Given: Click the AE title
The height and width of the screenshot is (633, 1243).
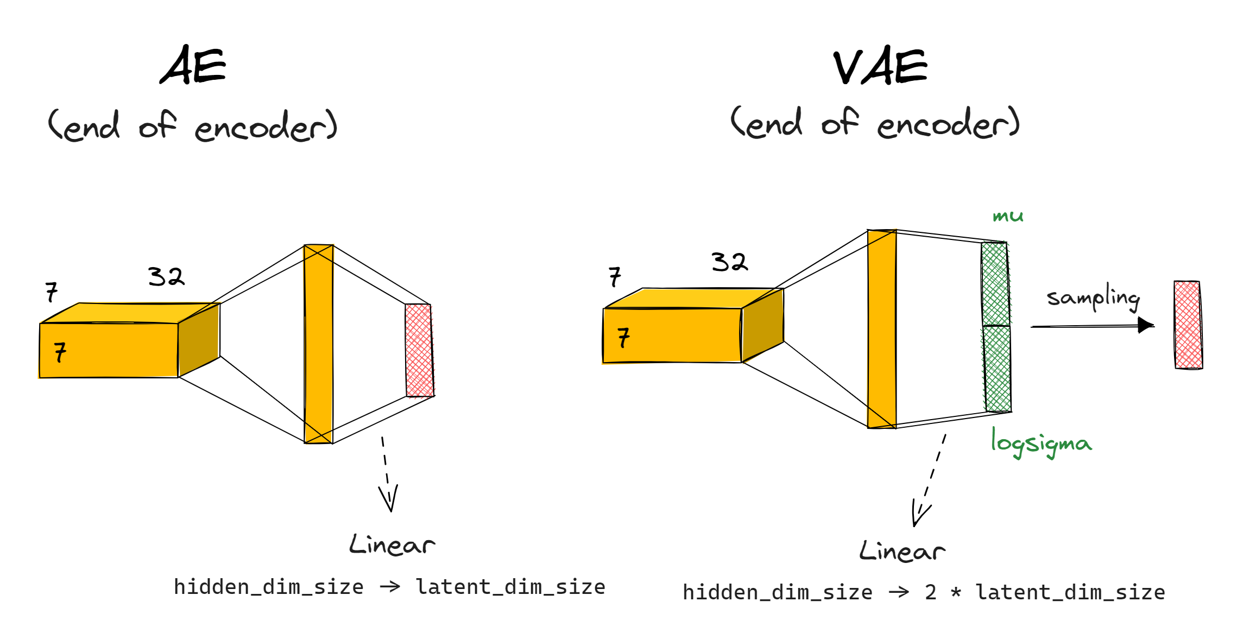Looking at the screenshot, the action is click(x=193, y=66).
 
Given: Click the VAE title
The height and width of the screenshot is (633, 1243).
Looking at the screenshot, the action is click(x=880, y=67).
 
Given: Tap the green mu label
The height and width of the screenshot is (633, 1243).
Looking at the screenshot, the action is click(x=1008, y=216).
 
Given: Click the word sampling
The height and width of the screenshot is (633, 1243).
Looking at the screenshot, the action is click(x=1093, y=298).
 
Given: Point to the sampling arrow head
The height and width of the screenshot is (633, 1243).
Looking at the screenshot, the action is click(x=1146, y=325).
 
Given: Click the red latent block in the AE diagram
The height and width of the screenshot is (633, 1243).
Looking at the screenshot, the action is click(x=419, y=350).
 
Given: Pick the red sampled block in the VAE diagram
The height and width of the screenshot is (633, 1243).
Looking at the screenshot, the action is click(x=1188, y=325).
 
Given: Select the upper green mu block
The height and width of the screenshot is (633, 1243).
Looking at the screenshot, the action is click(x=995, y=284).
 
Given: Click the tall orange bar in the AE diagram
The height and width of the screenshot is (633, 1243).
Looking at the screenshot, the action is click(x=319, y=344).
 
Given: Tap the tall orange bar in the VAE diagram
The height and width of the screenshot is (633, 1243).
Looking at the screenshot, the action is click(x=882, y=329).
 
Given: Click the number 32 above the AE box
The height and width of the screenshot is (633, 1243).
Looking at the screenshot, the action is click(x=166, y=277).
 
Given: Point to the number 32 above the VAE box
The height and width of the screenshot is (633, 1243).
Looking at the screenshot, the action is click(x=729, y=262).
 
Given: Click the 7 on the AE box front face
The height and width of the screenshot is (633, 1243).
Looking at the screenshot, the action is click(x=60, y=352).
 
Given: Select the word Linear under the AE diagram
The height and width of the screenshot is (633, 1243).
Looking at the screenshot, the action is click(x=392, y=545).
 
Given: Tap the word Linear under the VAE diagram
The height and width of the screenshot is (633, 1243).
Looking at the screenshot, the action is click(x=902, y=551).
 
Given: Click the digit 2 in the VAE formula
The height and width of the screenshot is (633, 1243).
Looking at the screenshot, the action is click(x=931, y=592).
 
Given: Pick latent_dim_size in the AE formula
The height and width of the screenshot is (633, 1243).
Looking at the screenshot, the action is click(x=510, y=587).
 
